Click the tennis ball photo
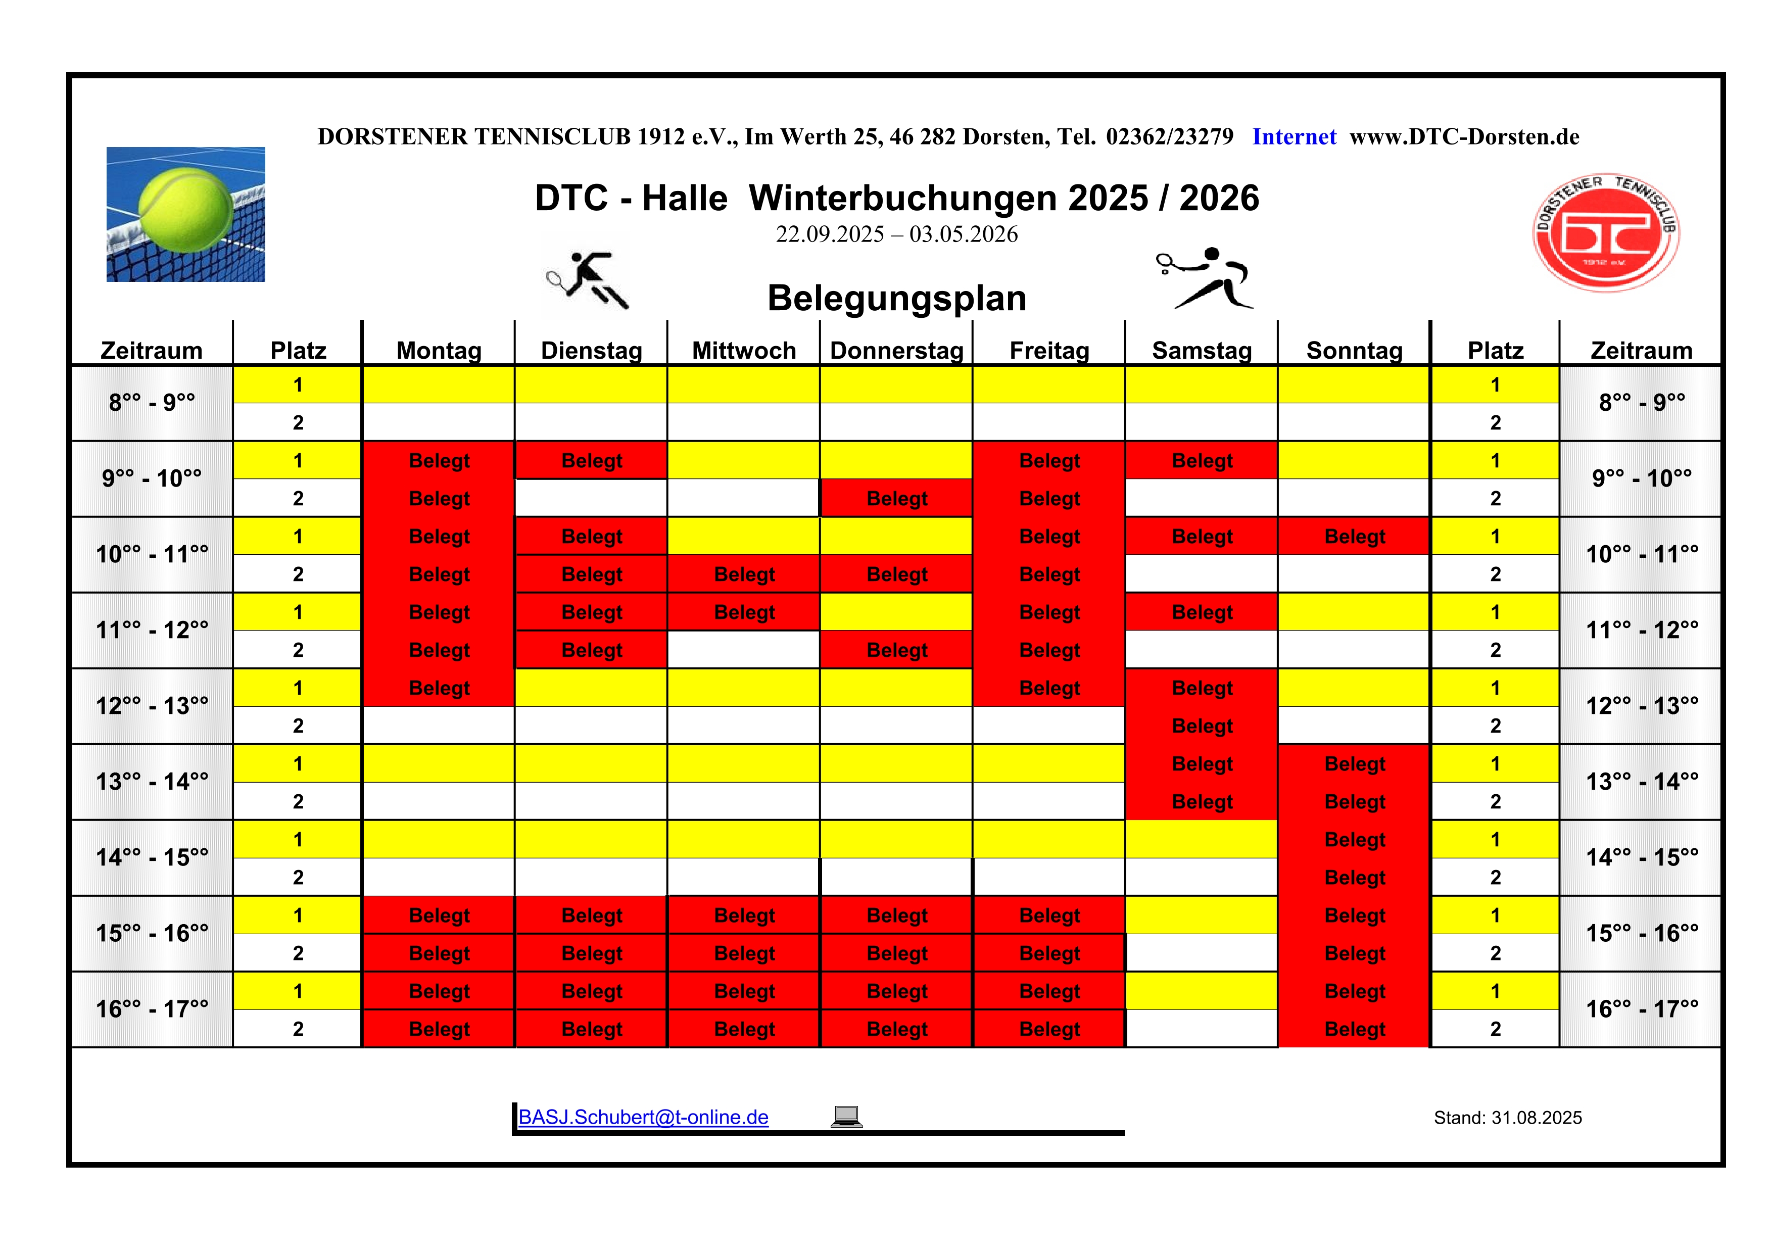point(186,215)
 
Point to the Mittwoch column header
point(744,350)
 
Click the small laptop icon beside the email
point(847,1117)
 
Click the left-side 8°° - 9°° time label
point(152,402)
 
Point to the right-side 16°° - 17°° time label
point(1642,1009)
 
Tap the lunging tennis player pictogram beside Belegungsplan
point(1206,278)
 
